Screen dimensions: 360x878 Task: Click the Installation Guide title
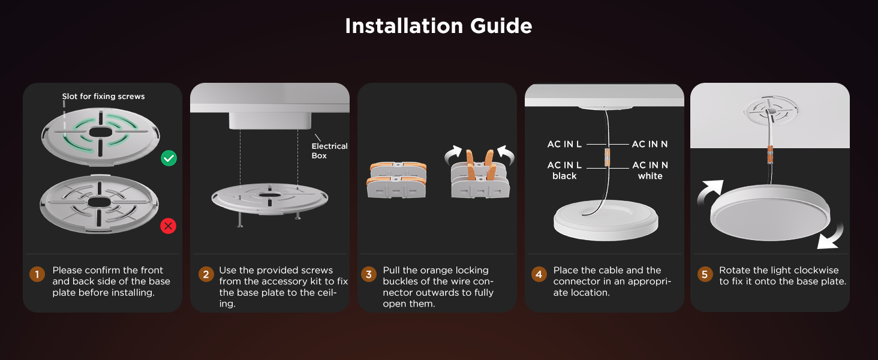point(438,26)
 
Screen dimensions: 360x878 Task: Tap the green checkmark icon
point(169,158)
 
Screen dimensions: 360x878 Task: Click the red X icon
point(169,226)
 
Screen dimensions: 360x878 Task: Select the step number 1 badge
point(37,275)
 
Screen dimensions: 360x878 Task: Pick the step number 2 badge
point(206,275)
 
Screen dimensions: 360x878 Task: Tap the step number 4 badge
point(539,275)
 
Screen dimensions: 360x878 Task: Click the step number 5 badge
point(705,275)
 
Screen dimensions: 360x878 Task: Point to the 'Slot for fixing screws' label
point(103,96)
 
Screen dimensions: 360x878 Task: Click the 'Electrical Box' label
point(329,151)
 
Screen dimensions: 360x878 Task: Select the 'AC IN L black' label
point(564,170)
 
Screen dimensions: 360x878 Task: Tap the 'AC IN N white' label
point(650,170)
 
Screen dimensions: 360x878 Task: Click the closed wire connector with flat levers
point(397,179)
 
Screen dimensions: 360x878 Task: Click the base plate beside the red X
point(98,202)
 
